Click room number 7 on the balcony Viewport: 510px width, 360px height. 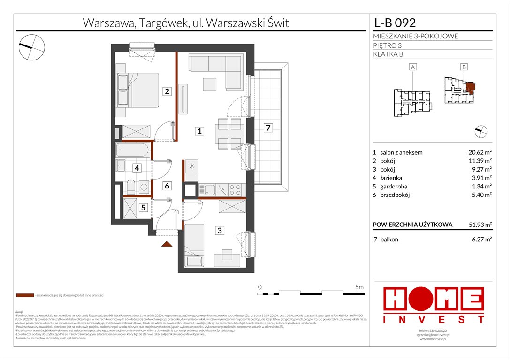[267, 127]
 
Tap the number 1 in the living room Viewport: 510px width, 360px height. [200, 132]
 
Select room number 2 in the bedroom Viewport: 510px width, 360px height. [167, 91]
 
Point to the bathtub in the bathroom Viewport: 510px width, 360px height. [133, 151]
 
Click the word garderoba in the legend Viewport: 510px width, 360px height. [393, 187]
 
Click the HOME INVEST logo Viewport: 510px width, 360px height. [434, 305]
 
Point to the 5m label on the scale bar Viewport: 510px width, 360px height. [359, 286]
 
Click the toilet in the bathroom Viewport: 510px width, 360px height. [131, 187]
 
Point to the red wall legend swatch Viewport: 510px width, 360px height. [25, 296]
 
